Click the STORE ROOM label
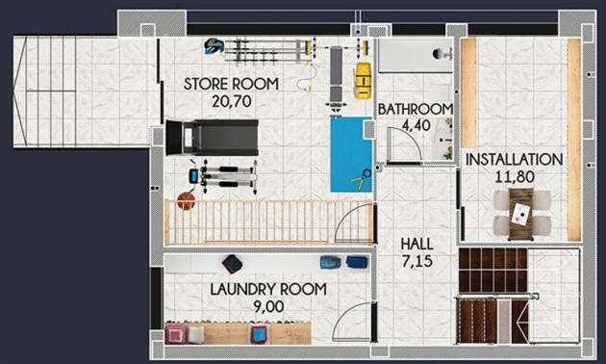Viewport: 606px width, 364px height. [x=231, y=84]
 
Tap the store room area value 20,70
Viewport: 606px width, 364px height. [x=231, y=99]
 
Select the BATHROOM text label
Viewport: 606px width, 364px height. [x=414, y=109]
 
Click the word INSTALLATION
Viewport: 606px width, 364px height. [x=514, y=159]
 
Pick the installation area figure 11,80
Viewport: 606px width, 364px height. [x=514, y=175]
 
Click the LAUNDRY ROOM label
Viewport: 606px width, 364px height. [x=268, y=289]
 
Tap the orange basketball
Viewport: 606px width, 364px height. [x=186, y=201]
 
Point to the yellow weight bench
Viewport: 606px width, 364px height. [x=362, y=81]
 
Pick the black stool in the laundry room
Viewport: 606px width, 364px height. [x=232, y=263]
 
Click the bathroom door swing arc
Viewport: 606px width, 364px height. [x=406, y=144]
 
